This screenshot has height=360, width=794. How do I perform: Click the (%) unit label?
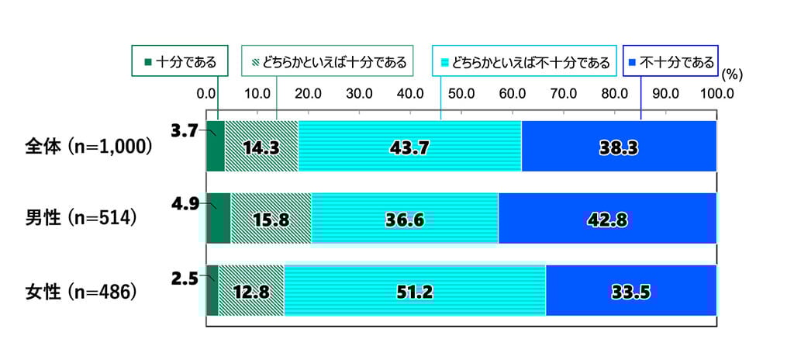(732, 76)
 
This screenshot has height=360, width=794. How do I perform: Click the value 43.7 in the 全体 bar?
(409, 147)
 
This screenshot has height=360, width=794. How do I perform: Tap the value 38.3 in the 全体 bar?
(618, 147)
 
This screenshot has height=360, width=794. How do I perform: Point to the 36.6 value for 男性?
(404, 220)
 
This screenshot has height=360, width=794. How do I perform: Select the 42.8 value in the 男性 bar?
(606, 220)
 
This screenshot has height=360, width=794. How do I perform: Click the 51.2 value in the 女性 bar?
(415, 292)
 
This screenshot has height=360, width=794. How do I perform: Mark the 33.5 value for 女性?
(630, 292)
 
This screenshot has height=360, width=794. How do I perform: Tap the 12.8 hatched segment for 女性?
(251, 292)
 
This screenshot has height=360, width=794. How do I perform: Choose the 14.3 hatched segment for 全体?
(261, 147)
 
